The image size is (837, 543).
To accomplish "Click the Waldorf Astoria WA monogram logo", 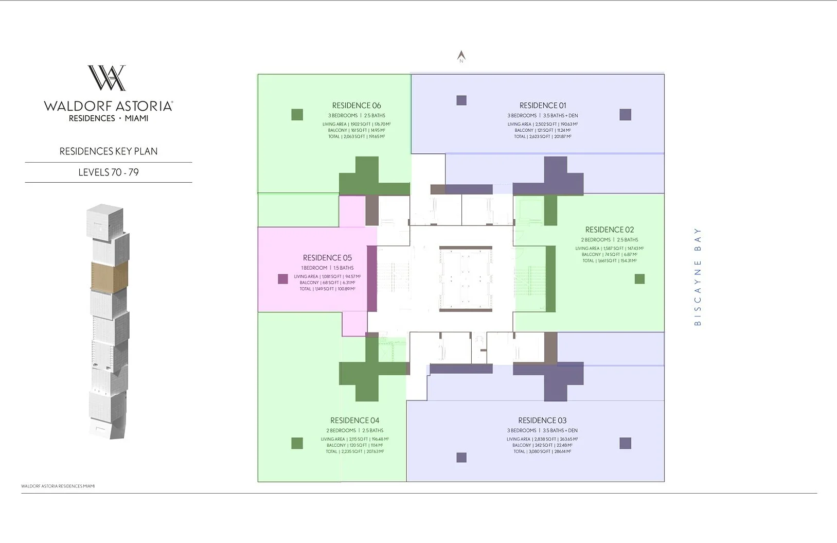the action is point(107,78).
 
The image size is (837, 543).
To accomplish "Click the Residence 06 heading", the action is point(356,106).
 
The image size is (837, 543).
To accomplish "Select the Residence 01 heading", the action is point(542,106).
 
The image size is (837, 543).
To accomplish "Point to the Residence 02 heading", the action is point(609,230).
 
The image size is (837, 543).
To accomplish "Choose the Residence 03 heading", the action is point(542,421).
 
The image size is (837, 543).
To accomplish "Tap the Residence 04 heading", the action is point(354,421).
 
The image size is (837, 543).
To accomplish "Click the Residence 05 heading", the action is point(327,258).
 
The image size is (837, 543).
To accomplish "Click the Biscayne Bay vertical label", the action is point(698,276).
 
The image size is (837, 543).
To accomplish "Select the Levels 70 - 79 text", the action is point(109,172).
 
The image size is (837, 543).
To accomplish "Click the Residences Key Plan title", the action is point(109,151).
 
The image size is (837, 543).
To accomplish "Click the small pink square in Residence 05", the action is point(282,279).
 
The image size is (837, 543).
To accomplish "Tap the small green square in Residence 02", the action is point(639,279).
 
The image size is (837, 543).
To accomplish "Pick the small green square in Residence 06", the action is point(297,115).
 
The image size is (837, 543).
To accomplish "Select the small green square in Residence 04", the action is point(297,443).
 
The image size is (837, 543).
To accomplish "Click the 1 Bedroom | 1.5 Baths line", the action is point(327,268).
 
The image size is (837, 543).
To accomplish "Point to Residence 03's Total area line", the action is point(542,451).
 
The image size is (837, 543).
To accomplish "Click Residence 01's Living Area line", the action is point(542,124).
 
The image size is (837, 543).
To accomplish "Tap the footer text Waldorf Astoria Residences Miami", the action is point(58,486).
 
